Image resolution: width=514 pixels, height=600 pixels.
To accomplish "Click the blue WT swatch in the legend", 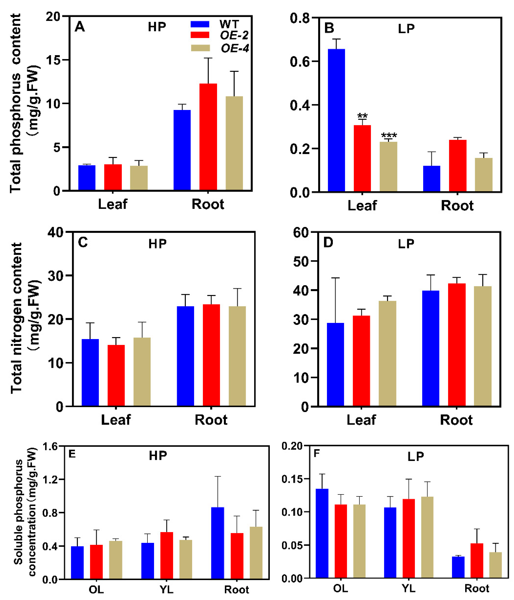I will pos(200,24).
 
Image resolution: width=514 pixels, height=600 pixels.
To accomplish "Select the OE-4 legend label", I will pos(235,48).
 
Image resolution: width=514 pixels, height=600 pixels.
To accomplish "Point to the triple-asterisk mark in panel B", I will pos(389,135).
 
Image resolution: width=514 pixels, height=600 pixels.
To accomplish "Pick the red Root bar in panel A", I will pos(208,137).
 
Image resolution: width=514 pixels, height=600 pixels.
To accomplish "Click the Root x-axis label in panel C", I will pos(211,420).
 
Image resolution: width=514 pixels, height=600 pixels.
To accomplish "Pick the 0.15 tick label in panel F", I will pos(292,479).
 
